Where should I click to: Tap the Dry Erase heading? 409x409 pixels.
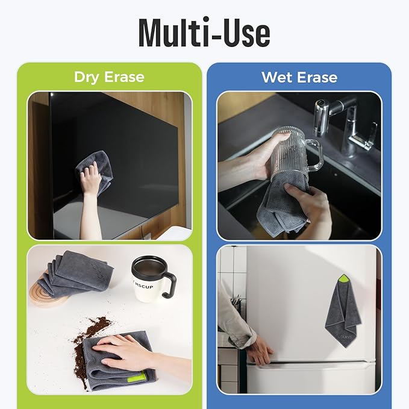(x=109, y=77)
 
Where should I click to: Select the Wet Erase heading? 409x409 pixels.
(x=299, y=77)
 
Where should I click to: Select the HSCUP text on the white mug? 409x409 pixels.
(x=144, y=286)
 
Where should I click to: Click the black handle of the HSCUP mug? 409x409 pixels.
(x=169, y=285)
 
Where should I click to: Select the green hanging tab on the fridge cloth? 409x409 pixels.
(x=343, y=278)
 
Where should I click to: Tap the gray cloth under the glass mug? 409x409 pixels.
(x=282, y=204)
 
